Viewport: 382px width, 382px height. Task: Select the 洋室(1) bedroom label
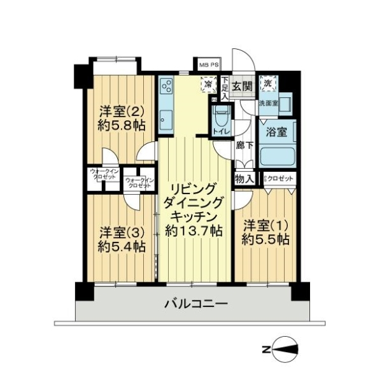(x=266, y=225)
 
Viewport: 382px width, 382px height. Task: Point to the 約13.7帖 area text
(x=194, y=230)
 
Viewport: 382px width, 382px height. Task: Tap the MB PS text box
(x=208, y=65)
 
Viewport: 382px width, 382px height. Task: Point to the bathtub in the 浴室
(x=278, y=155)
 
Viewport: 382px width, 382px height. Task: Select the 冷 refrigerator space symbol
(x=208, y=83)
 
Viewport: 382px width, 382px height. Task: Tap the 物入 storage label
(x=244, y=179)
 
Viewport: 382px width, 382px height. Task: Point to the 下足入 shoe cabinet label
(x=225, y=87)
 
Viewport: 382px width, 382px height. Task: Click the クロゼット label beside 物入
(x=280, y=179)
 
